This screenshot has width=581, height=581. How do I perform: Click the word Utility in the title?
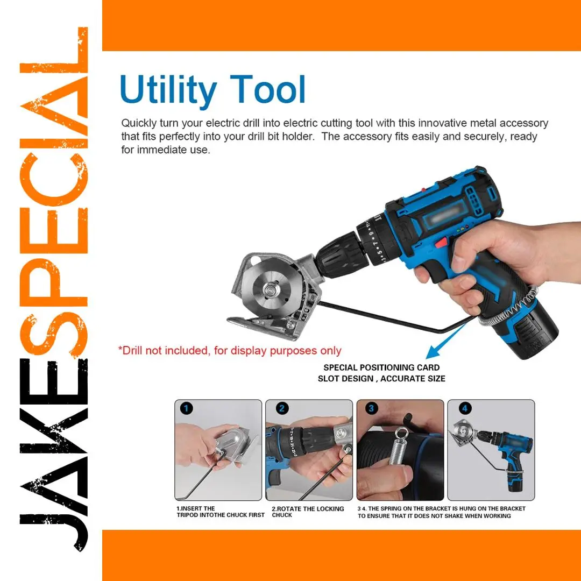[168, 90]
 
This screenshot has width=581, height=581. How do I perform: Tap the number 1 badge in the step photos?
[186, 409]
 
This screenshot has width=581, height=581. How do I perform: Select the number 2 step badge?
[282, 409]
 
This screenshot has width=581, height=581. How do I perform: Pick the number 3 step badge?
[371, 409]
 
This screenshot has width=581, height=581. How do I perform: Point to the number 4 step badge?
[465, 409]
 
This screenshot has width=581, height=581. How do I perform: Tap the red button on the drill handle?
[441, 243]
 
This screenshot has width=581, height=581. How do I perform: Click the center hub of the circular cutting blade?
[271, 287]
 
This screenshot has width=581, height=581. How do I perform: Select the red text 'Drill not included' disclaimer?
[230, 351]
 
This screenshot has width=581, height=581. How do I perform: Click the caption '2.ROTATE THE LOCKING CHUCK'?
[308, 512]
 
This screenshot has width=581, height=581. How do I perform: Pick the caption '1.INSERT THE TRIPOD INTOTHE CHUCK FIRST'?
[221, 512]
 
